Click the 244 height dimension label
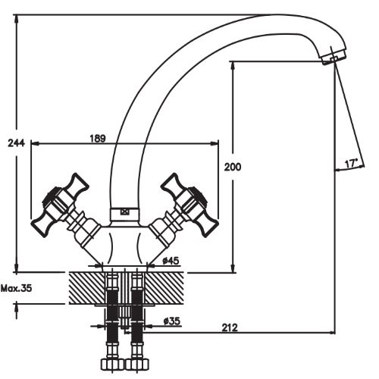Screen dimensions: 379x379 click(17, 143)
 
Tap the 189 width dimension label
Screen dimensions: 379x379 click(98, 139)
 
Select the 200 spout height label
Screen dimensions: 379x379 click(233, 167)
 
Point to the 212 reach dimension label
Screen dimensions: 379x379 click(230, 327)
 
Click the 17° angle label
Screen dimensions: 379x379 click(352, 164)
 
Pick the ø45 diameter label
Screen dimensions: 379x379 click(171, 260)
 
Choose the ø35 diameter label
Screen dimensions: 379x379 click(172, 321)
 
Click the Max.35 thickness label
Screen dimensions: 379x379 click(17, 288)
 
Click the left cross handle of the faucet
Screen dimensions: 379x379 click(60, 205)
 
